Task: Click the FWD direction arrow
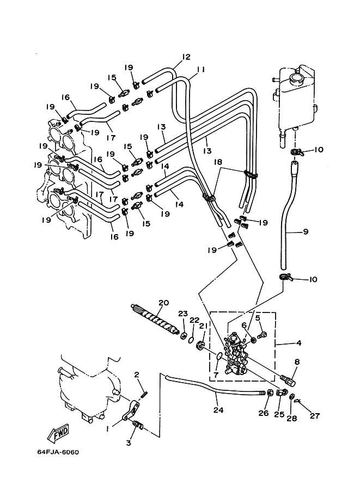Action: (x=58, y=432)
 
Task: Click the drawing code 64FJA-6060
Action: (x=58, y=452)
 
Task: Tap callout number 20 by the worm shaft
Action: (x=164, y=303)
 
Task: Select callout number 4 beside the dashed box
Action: (x=298, y=342)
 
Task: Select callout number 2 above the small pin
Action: (x=137, y=375)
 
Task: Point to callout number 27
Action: (x=315, y=415)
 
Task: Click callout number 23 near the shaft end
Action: (x=182, y=314)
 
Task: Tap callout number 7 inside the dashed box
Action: (x=216, y=375)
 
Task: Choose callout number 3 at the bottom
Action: (x=128, y=443)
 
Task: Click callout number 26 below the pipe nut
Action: (x=264, y=413)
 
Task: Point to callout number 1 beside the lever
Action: (x=108, y=428)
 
